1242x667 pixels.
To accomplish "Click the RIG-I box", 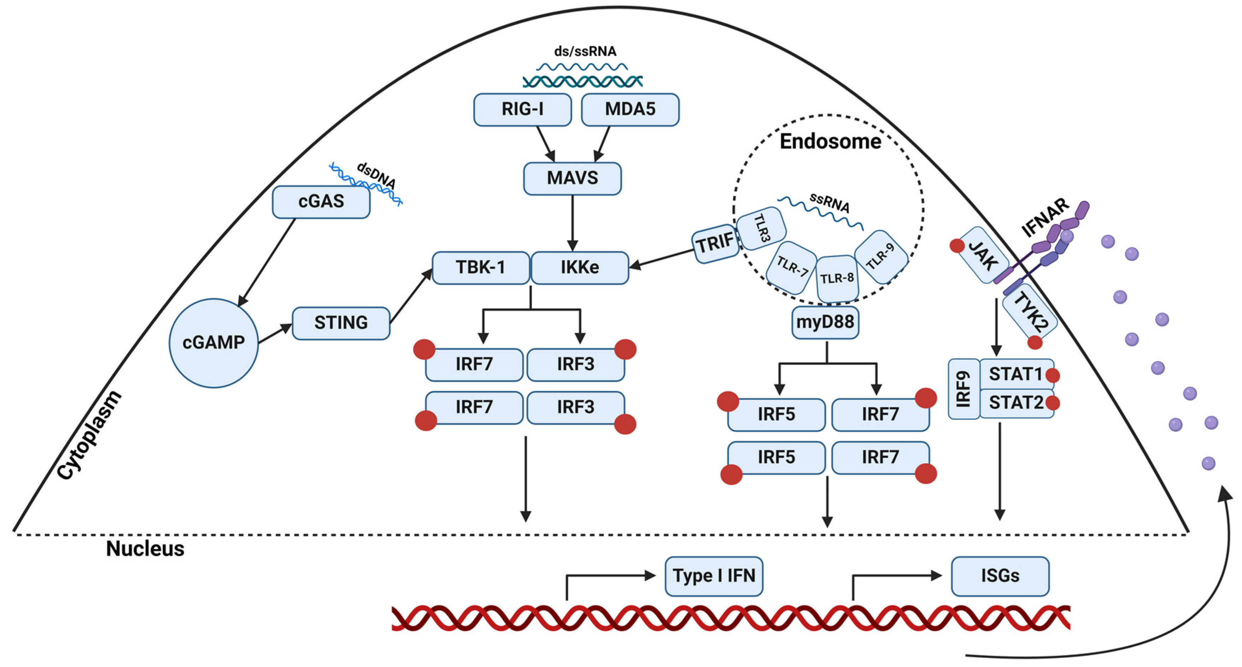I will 522,109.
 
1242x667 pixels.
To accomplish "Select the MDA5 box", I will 630,109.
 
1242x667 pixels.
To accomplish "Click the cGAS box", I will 321,202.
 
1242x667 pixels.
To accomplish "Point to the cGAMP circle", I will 214,343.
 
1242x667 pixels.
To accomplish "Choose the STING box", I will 341,323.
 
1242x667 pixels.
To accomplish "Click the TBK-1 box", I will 480,267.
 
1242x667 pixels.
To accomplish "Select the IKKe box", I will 580,267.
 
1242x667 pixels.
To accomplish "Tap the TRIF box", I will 715,243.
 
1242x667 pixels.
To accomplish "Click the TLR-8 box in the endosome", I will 837,279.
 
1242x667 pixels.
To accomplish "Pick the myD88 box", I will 825,322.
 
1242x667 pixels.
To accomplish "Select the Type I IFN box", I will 714,576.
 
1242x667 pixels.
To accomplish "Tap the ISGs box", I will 1000,576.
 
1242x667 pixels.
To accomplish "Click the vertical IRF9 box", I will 963,389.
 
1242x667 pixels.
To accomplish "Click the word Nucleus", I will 145,549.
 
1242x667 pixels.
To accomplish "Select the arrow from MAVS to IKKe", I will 572,222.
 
